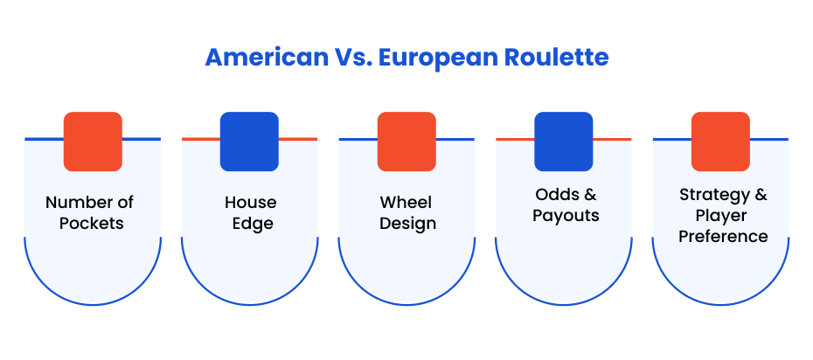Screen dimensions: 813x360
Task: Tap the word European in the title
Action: coord(438,59)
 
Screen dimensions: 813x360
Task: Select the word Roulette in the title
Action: coord(556,58)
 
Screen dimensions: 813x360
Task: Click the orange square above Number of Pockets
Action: coord(93,142)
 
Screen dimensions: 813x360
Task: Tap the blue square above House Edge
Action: coord(249,142)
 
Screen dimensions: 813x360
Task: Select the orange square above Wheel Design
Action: coord(406,142)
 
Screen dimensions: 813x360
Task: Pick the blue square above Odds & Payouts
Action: coord(564,142)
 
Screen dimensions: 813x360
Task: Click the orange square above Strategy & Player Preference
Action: coord(720,142)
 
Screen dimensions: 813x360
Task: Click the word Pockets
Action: coord(92,223)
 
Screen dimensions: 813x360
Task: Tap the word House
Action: coord(250,202)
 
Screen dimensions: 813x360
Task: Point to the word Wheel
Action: coord(406,202)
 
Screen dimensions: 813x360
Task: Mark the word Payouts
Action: coord(566,217)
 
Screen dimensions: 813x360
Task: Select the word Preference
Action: coord(723,237)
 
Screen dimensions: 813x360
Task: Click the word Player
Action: coord(721,217)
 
